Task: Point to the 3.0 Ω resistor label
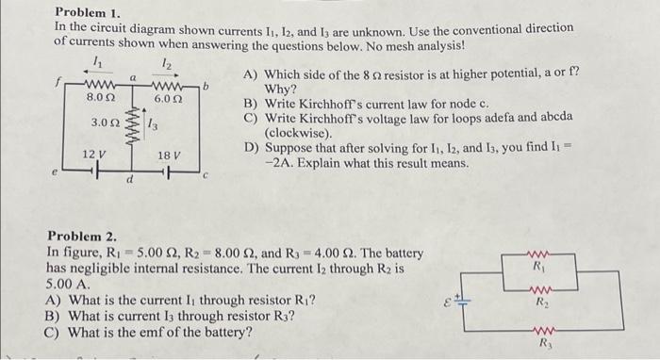click(x=105, y=123)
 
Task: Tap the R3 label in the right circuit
click(x=540, y=344)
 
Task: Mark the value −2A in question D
click(x=281, y=162)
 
